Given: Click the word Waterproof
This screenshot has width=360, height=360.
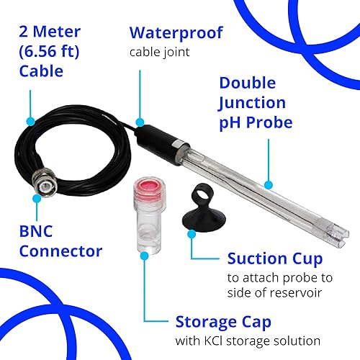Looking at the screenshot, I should coord(176,32).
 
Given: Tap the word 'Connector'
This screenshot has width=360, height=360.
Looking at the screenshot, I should coord(60,251).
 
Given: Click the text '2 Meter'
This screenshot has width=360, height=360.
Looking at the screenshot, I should coord(48,33).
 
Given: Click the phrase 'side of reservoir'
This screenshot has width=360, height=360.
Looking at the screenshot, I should coord(274,294).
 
